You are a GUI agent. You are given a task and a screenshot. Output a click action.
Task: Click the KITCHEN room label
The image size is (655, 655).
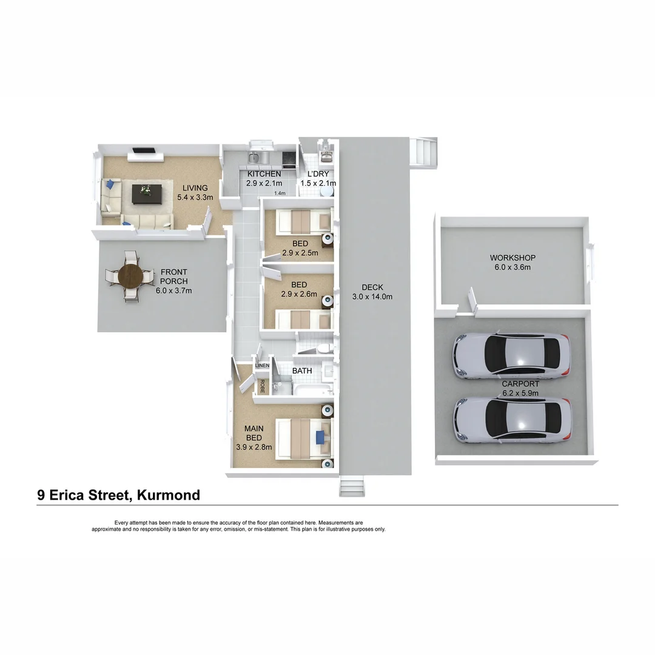[x=263, y=174]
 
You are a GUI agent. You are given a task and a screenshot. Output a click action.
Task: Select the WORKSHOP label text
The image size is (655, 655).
[x=512, y=258]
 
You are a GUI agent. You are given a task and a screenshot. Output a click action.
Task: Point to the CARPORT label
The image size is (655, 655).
[x=520, y=384]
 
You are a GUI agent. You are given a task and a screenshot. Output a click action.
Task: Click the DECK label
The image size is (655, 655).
[x=372, y=287]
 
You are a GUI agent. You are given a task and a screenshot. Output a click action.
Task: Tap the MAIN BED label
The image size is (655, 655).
[x=254, y=433]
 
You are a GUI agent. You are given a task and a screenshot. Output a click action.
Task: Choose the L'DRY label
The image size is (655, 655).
[x=318, y=174]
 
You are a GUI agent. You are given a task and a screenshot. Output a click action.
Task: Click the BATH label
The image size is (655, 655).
[x=302, y=370]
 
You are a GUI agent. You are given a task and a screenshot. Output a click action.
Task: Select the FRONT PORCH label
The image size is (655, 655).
[x=173, y=277]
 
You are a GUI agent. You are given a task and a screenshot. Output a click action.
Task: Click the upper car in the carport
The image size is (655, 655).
[x=512, y=357]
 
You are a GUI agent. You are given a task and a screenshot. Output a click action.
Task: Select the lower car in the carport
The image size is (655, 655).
[x=512, y=418]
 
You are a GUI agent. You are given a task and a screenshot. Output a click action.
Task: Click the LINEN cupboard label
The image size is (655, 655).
[x=262, y=366]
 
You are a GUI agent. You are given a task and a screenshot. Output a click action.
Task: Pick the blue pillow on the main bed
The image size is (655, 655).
[x=321, y=434]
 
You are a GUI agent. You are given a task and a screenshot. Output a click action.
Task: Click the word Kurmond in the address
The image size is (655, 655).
[x=169, y=495]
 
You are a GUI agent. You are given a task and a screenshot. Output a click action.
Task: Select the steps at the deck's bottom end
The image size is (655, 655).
[x=352, y=486]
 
